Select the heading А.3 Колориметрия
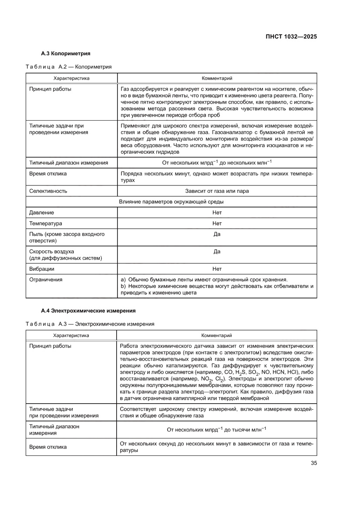(x=65, y=54)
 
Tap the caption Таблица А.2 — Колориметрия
(x=69, y=67)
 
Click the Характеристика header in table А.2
(x=71, y=79)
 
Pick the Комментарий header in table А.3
(x=216, y=336)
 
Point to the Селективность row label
(x=48, y=191)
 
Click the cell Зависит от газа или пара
(x=217, y=191)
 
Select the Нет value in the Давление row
(x=217, y=213)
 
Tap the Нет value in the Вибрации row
(x=217, y=269)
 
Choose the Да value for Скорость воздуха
(x=217, y=252)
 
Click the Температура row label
(x=46, y=224)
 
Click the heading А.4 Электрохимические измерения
(x=88, y=311)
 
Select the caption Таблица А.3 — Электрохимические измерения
(x=90, y=324)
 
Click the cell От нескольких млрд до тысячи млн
(x=217, y=430)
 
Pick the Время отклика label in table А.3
(x=48, y=447)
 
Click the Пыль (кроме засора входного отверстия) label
(x=67, y=237)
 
